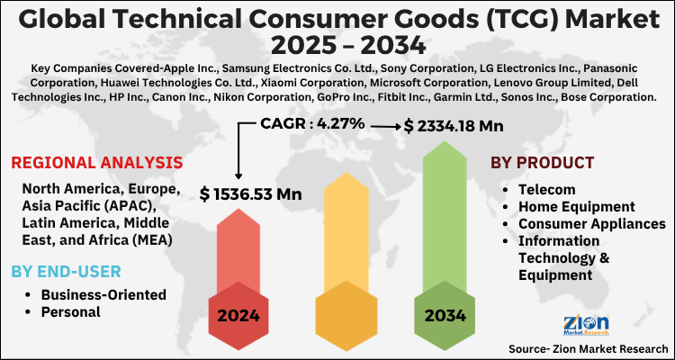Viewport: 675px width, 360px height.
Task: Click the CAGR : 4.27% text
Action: coord(313,123)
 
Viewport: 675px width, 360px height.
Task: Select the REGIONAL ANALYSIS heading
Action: coord(96,163)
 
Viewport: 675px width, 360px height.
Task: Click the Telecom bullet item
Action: coord(546,190)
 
